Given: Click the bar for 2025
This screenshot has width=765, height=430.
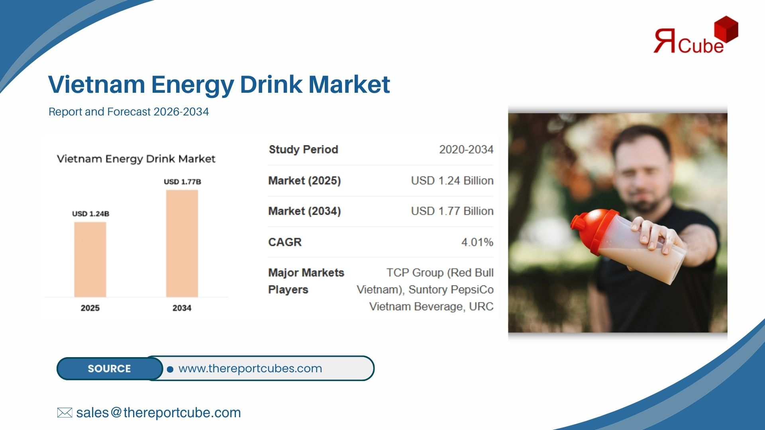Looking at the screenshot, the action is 90,259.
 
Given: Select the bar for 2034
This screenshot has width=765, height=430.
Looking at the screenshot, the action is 182,243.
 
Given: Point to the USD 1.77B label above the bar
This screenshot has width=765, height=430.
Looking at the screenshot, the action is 182,182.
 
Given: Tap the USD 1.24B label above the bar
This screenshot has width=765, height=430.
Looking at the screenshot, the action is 90,214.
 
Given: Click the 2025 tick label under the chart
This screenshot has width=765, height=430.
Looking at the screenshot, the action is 90,308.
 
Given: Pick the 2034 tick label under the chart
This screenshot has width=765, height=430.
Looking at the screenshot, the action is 182,308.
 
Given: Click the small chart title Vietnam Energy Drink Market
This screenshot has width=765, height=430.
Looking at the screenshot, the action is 136,159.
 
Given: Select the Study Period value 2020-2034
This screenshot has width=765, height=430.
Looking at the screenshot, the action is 466,149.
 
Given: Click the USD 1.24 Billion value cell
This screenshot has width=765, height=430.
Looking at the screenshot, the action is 452,180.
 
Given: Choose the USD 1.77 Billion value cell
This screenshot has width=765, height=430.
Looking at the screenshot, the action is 452,211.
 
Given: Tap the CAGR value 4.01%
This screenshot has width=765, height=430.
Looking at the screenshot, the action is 477,242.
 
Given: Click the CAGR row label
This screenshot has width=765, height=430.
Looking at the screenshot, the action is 285,242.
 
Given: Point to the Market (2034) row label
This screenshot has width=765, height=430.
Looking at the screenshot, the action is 304,211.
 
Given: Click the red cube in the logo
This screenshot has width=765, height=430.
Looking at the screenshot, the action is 726,29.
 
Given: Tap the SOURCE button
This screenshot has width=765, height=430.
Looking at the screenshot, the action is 110,369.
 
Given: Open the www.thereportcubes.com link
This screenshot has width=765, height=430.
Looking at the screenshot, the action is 250,369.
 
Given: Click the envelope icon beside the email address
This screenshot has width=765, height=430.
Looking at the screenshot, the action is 65,412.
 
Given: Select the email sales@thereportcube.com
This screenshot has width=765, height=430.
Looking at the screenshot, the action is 159,413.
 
